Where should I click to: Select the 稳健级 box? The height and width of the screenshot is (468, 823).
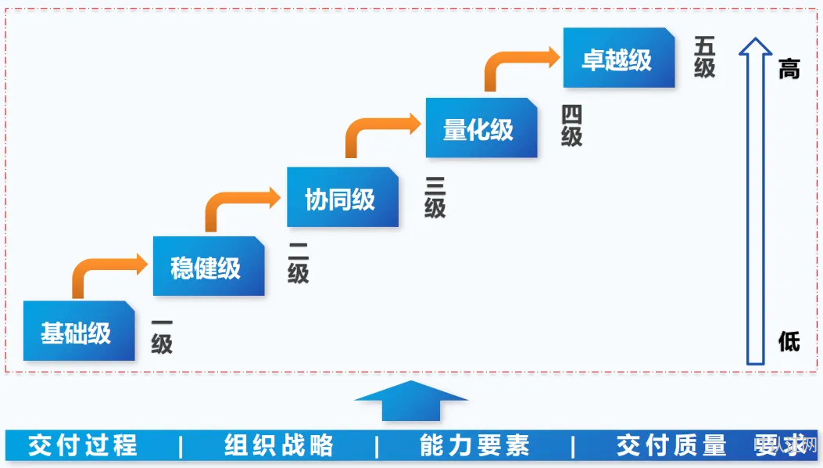[208, 267]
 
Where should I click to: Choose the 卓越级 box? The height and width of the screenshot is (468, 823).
[618, 58]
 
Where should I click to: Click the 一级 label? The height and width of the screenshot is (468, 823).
[162, 334]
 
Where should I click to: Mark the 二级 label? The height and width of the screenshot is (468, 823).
[298, 263]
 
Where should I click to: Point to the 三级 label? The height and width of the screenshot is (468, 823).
[435, 196]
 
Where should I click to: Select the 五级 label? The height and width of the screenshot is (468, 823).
[705, 56]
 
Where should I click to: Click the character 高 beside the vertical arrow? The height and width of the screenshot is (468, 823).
[789, 69]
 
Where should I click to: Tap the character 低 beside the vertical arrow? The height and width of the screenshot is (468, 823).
[789, 340]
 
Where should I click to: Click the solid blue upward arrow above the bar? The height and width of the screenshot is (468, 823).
[411, 401]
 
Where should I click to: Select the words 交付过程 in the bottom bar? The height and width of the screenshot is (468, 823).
[83, 445]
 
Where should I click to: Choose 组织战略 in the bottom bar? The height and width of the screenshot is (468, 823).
[278, 445]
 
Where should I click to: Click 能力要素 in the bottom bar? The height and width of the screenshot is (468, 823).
[474, 445]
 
